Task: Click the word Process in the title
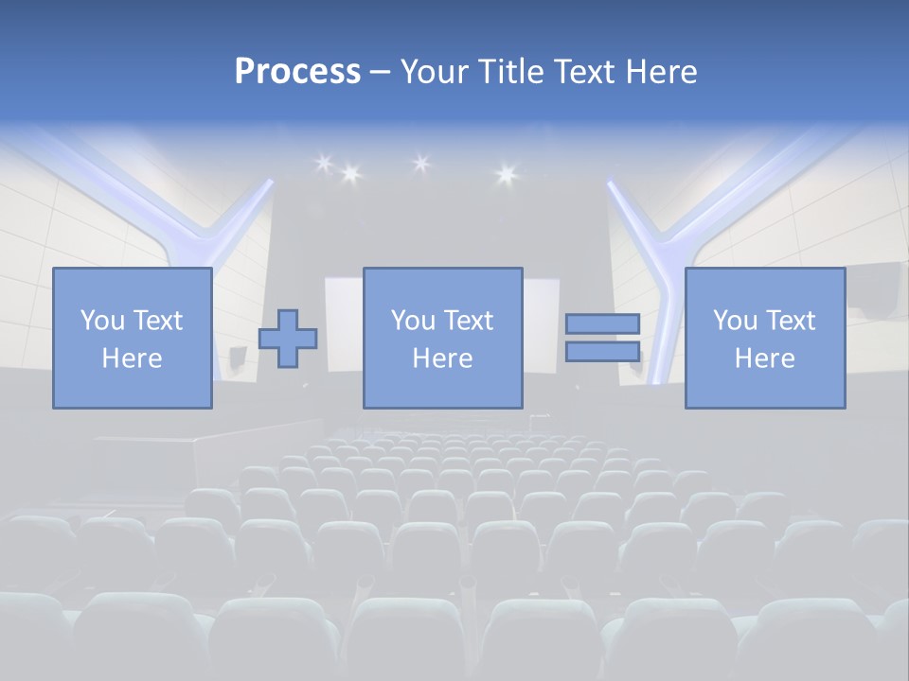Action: coord(297,72)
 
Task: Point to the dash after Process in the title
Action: coord(380,73)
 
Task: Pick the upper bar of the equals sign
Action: coord(602,323)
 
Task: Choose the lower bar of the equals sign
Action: coord(602,351)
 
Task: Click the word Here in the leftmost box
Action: coord(132,358)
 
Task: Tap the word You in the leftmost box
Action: coord(102,321)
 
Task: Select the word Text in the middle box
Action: coord(470,321)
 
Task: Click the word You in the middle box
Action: coord(413,321)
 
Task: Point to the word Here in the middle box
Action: coord(442,358)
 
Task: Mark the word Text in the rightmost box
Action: coord(792,321)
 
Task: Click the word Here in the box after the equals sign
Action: coord(764,358)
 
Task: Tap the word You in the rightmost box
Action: coord(735,321)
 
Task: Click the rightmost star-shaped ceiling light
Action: coord(505,173)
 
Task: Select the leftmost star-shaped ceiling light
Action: coord(323,164)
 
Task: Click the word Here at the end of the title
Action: coord(663,72)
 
